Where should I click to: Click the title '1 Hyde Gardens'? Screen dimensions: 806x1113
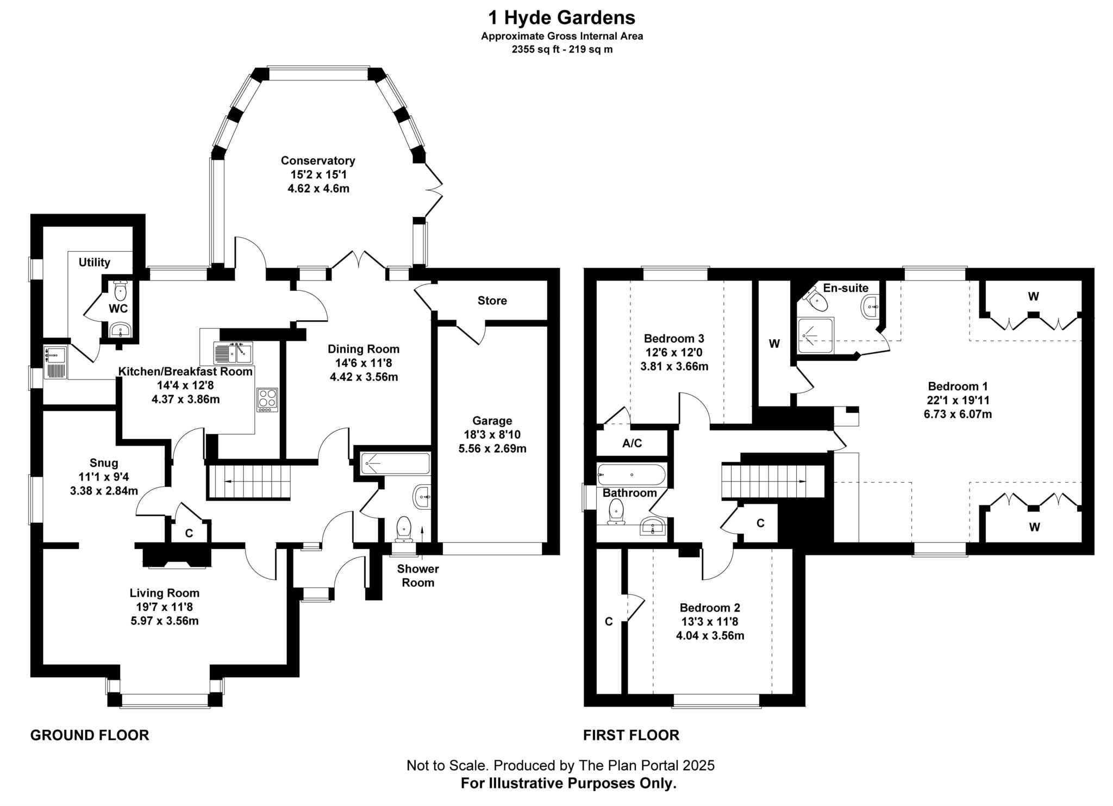[561, 18]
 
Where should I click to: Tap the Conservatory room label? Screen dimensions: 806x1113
[318, 161]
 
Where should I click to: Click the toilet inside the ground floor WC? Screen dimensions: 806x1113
[120, 291]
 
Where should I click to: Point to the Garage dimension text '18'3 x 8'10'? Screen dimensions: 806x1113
[492, 434]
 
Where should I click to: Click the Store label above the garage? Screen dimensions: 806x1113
[492, 301]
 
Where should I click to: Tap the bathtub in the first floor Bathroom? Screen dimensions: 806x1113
[630, 474]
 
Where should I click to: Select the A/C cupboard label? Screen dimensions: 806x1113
[632, 443]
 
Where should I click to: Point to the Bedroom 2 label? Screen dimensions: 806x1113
[710, 608]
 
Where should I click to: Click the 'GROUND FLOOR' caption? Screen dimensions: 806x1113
[90, 735]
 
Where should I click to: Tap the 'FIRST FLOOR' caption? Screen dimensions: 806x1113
[631, 735]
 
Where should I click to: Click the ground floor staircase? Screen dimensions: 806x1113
[249, 482]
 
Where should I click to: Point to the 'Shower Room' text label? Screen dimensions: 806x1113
[417, 576]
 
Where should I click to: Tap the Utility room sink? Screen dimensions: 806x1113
[55, 355]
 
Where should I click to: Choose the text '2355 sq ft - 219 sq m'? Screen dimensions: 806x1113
[561, 49]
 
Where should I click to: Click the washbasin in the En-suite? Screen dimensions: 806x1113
[870, 307]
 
